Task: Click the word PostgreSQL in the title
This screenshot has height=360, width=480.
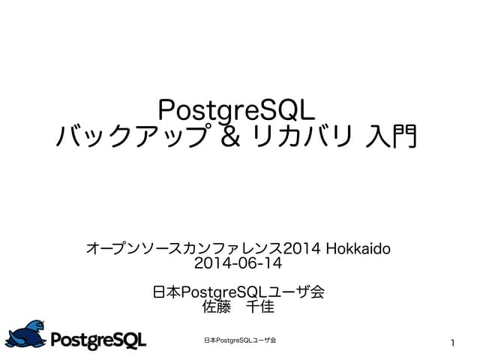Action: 238,109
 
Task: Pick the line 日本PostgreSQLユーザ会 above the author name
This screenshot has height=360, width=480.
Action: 238,292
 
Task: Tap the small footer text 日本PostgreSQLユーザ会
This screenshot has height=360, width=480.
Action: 240,340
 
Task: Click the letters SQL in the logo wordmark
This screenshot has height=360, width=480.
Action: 130,339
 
